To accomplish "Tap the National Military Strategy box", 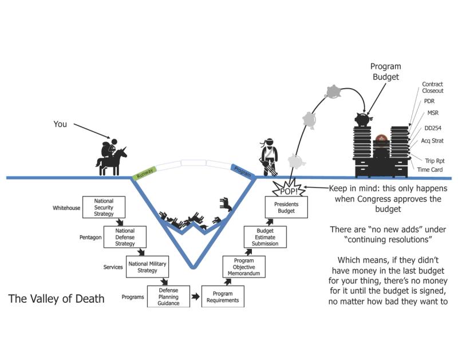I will [148, 266].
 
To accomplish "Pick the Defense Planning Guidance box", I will [169, 296].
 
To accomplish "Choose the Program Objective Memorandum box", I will [243, 267].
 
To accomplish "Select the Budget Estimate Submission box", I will [265, 236].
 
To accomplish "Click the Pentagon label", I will [90, 236].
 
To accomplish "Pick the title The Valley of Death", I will [56, 299].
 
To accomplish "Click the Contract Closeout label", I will [432, 87].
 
